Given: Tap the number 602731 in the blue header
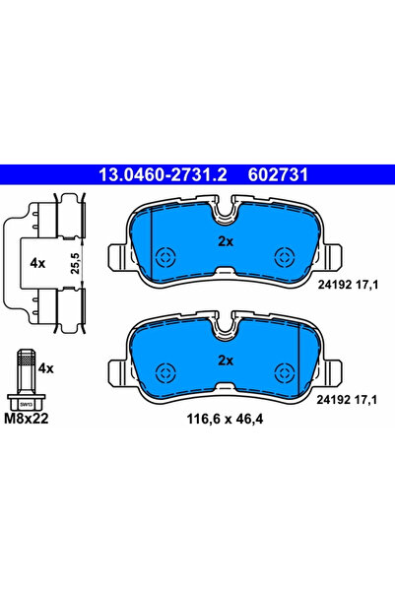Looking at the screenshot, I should click(265, 175).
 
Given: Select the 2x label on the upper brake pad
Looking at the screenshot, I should click(225, 239).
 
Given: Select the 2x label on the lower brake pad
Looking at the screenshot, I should click(225, 360).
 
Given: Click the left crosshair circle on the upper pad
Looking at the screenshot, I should click(165, 257).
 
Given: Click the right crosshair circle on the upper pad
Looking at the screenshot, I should click(286, 257).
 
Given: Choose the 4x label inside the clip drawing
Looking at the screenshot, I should click(38, 264).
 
